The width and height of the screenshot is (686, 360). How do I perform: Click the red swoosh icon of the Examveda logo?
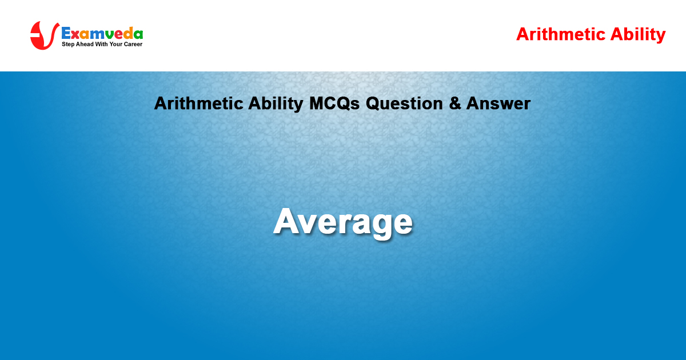click(44, 35)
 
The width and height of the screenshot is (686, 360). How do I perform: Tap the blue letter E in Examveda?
click(66, 33)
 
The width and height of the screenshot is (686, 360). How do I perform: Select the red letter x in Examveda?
click(75, 35)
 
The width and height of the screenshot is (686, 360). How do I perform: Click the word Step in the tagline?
click(68, 45)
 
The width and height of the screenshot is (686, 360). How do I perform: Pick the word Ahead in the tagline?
click(85, 44)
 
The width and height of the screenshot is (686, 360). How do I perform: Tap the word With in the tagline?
click(101, 44)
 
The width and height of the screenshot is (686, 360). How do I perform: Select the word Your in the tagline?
click(115, 44)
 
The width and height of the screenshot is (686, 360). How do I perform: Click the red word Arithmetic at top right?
click(561, 34)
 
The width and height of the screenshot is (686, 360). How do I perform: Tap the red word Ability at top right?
click(638, 35)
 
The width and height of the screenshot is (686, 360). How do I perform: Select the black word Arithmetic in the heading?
click(199, 103)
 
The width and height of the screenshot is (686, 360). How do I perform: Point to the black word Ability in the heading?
click(276, 104)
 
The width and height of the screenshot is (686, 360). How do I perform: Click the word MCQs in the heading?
click(334, 103)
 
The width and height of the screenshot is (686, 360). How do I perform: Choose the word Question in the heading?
click(404, 103)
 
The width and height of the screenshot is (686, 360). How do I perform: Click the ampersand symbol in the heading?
click(455, 103)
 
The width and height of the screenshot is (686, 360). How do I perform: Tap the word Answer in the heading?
click(498, 103)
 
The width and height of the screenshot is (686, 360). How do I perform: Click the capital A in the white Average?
click(287, 221)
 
